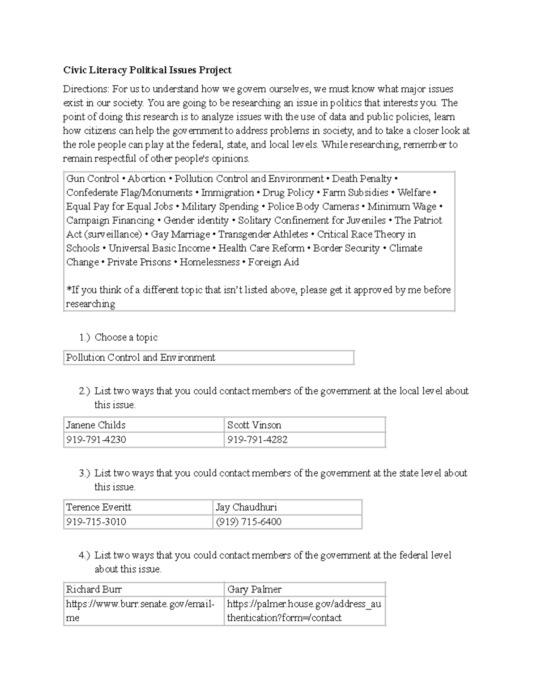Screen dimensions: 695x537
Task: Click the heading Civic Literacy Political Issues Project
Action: [x=147, y=70]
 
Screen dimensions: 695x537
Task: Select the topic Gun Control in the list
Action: [x=93, y=179]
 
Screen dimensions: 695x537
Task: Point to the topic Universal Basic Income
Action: [x=159, y=248]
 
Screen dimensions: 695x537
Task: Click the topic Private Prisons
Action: [x=139, y=262]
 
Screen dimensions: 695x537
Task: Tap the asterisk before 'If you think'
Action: [x=68, y=289]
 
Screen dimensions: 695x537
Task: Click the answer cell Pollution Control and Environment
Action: [x=141, y=358]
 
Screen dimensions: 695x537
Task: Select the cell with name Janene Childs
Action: [x=96, y=425]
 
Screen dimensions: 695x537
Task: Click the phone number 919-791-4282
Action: [x=257, y=439]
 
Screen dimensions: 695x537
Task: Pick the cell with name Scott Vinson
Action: [x=254, y=425]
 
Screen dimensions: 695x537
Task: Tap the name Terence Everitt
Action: [x=98, y=507]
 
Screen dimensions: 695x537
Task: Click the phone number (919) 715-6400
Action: [x=248, y=522]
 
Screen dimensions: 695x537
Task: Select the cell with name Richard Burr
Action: [x=94, y=589]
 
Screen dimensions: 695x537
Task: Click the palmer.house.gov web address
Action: [x=304, y=610]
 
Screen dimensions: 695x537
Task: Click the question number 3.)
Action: [x=85, y=473]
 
